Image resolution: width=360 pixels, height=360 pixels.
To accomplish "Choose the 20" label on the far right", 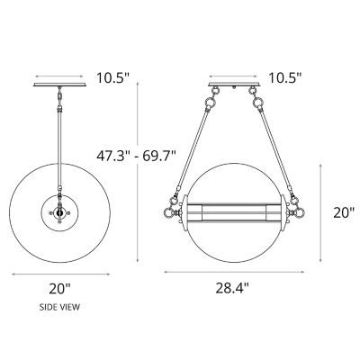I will tap(345, 213).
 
